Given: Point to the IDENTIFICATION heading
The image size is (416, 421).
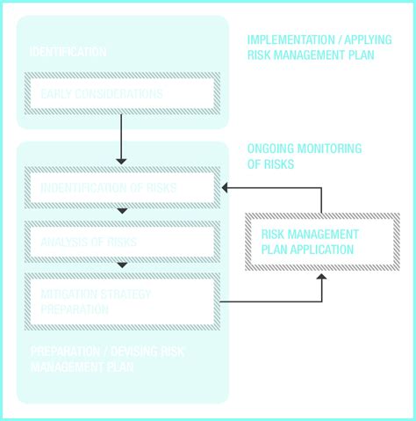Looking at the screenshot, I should (68, 53).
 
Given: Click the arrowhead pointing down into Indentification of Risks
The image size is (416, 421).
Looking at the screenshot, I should (121, 161).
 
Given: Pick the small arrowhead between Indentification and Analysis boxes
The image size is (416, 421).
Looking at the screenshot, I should (122, 211).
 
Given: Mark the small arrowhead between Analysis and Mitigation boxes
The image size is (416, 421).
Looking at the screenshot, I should (122, 265).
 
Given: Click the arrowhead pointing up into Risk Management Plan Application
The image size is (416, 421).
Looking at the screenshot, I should (322, 278).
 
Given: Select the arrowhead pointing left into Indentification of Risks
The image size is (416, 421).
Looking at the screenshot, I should (226, 188).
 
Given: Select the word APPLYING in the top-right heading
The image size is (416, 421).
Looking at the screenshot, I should (362, 40).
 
